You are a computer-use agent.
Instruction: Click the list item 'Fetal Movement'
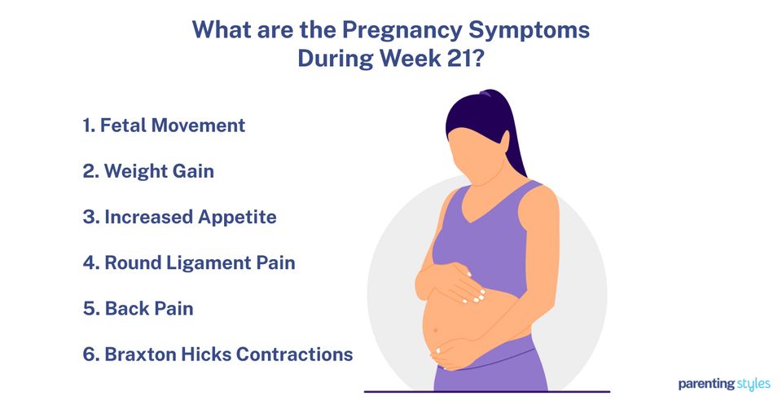pos(164,126)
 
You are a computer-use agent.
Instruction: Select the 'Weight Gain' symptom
pos(148,171)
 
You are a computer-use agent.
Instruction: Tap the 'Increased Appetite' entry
pos(179,217)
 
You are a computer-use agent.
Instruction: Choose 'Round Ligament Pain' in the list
pos(189,262)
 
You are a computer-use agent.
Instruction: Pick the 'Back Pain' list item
pos(138,309)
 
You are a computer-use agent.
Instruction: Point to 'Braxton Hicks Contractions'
pos(217,355)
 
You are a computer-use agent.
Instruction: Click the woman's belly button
pos(434,330)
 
